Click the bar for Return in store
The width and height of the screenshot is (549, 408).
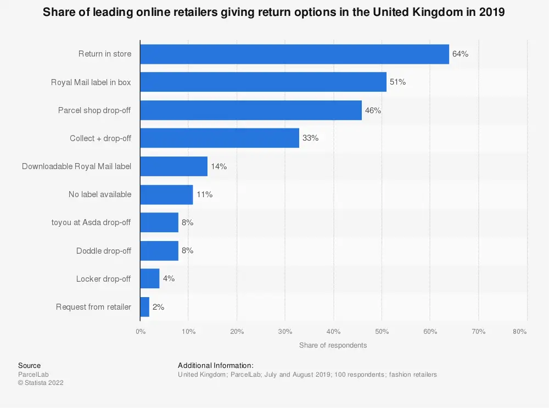(x=294, y=54)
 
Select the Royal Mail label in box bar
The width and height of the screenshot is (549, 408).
(x=263, y=82)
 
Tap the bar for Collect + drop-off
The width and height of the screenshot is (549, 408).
(x=220, y=138)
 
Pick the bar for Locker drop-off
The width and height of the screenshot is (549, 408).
(x=150, y=278)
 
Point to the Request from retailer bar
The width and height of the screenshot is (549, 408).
(x=145, y=307)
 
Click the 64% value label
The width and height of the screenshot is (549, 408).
(x=460, y=54)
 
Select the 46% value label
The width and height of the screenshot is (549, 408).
(x=373, y=110)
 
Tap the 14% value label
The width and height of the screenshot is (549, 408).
(x=219, y=166)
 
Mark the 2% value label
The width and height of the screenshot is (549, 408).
(x=158, y=307)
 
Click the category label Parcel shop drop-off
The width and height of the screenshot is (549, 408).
(x=94, y=110)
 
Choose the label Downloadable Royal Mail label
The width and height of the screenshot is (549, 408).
(x=76, y=166)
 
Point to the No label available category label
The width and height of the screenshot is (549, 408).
(x=100, y=194)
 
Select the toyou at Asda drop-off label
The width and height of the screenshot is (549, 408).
(x=91, y=222)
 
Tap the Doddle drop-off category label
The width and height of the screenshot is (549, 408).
(x=104, y=250)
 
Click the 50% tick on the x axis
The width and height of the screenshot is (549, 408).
(x=382, y=332)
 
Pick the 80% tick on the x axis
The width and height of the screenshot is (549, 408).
(x=519, y=332)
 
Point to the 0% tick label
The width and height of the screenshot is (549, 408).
(x=141, y=332)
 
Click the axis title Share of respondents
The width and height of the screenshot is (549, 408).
(x=333, y=345)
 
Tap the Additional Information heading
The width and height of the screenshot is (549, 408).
(x=216, y=365)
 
